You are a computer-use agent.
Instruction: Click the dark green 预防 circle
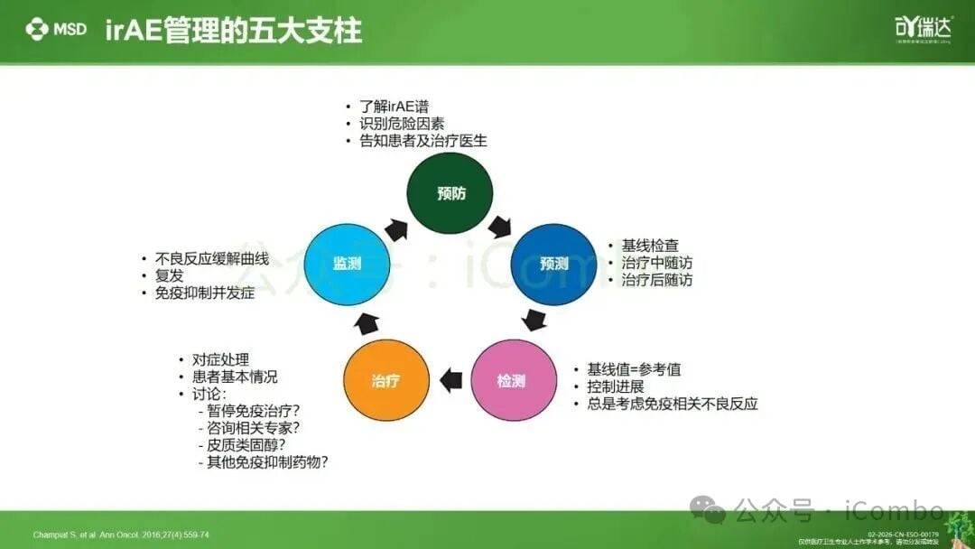click(450, 193)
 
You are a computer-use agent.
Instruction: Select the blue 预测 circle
click(553, 264)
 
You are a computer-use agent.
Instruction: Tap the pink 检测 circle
click(510, 380)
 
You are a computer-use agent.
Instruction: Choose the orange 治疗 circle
click(385, 380)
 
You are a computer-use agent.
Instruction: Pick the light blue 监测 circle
click(346, 264)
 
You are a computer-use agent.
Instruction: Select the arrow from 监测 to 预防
click(396, 228)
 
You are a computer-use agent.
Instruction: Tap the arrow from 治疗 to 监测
click(367, 321)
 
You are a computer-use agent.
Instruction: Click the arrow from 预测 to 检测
click(535, 320)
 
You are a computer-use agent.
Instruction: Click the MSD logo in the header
click(56, 29)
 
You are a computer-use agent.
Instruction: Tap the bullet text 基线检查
click(649, 245)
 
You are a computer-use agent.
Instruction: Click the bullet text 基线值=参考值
click(633, 369)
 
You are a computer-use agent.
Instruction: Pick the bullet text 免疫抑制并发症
click(204, 293)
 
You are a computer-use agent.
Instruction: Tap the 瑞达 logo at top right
click(916, 27)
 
